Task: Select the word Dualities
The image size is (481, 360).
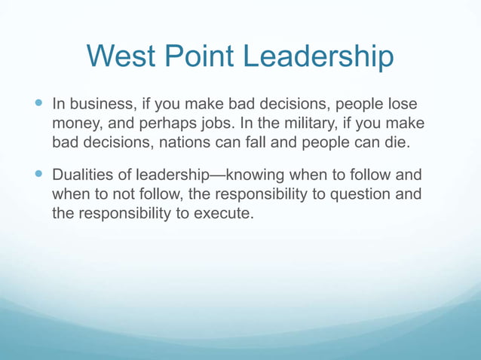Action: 83,175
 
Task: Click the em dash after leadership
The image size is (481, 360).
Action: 223,175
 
